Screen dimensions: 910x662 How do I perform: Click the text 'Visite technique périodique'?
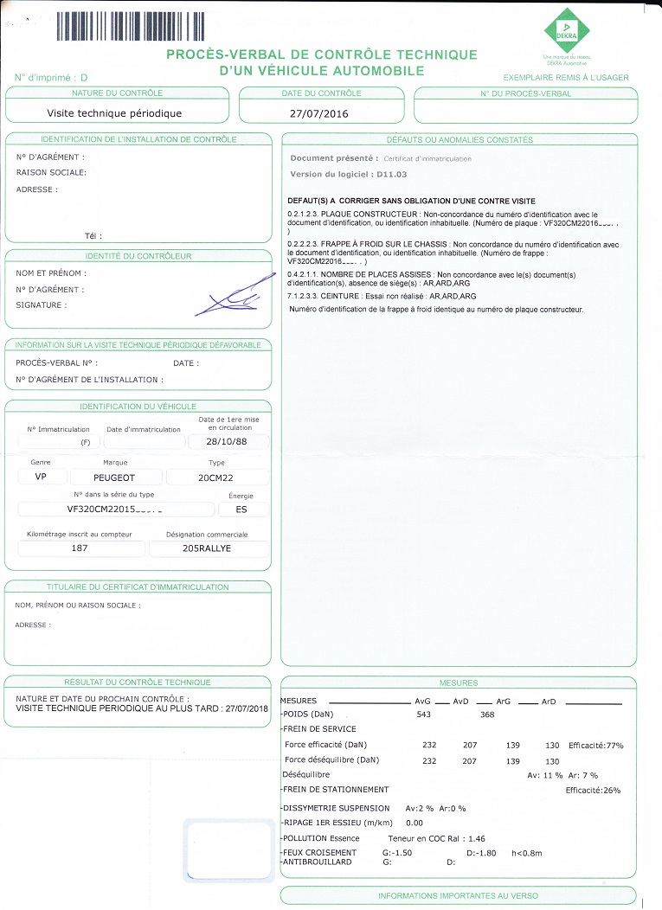point(114,113)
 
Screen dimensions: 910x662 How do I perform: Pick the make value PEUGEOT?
point(114,477)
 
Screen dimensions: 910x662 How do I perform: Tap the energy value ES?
point(241,509)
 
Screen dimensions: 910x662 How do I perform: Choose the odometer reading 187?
point(79,548)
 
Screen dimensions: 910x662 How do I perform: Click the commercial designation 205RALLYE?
point(207,548)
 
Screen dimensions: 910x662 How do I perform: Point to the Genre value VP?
point(41,477)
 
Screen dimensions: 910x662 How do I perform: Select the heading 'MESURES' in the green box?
point(458,682)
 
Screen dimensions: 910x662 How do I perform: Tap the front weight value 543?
point(424,715)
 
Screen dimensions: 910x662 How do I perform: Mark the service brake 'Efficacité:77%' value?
point(596,745)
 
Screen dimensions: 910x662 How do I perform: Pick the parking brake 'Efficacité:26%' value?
point(593,790)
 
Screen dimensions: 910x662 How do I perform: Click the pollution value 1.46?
point(475,838)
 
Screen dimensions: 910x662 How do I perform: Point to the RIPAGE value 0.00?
point(414,823)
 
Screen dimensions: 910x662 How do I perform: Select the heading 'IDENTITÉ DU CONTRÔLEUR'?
point(138,256)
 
